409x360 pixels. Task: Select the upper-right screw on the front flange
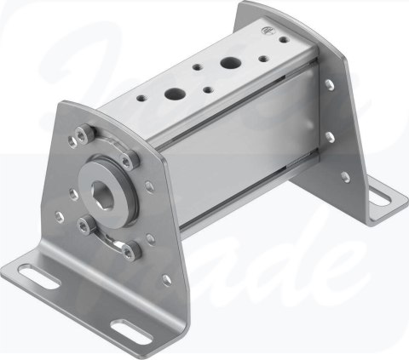(x=128, y=159)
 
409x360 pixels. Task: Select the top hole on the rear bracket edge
(x=329, y=83)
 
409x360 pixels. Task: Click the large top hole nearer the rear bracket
(x=229, y=62)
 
